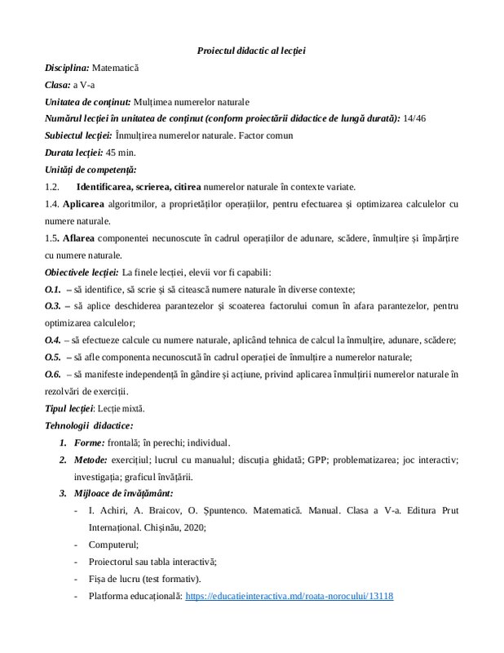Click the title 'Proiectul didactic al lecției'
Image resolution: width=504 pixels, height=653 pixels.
pos(251,51)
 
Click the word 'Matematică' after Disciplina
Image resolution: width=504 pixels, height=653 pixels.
pos(116,68)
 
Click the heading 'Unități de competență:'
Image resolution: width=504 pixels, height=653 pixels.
pos(91,170)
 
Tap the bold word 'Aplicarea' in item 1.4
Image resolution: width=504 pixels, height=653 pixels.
pos(83,204)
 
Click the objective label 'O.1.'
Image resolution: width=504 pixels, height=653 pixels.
pos(52,289)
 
